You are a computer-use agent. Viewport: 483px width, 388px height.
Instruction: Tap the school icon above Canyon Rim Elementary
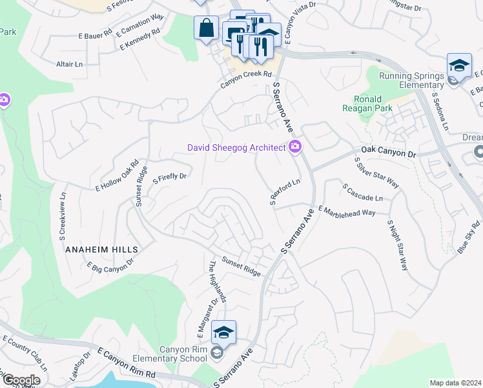click(x=223, y=332)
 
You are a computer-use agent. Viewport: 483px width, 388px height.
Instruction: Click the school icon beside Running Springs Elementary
click(x=458, y=65)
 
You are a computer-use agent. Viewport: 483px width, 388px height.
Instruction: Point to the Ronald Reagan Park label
click(x=373, y=104)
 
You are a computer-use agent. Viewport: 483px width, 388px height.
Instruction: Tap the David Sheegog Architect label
click(x=236, y=147)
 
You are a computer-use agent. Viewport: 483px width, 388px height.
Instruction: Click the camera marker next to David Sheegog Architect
click(x=295, y=147)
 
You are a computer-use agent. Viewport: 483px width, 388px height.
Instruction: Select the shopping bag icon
click(x=207, y=29)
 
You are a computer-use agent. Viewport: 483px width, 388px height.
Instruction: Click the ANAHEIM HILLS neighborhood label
click(x=101, y=248)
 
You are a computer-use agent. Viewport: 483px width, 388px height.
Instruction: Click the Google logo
click(x=21, y=380)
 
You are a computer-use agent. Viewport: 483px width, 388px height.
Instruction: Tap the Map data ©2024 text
click(x=455, y=383)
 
